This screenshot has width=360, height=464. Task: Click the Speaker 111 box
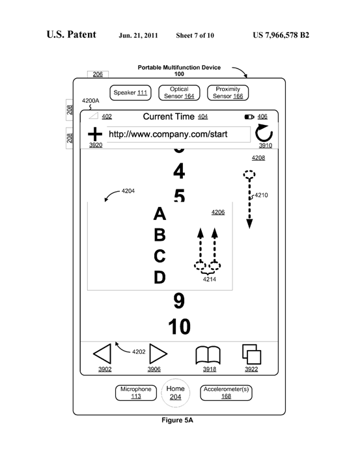pyautogui.click(x=130, y=92)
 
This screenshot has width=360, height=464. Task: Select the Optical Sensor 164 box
pyautogui.click(x=179, y=92)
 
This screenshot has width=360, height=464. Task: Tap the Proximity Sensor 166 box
pyautogui.click(x=228, y=92)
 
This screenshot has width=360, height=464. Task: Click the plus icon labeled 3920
pyautogui.click(x=95, y=134)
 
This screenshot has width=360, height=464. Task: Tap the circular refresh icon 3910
pyautogui.click(x=264, y=134)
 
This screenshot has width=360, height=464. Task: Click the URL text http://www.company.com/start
pyautogui.click(x=168, y=134)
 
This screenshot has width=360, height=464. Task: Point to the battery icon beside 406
pyautogui.click(x=249, y=117)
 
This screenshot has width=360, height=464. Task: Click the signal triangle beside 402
pyautogui.click(x=94, y=116)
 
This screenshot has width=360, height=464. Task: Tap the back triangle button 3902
pyautogui.click(x=102, y=353)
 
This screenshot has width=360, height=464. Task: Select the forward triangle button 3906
pyautogui.click(x=158, y=353)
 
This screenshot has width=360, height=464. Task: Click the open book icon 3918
pyautogui.click(x=208, y=355)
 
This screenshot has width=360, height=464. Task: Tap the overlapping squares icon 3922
pyautogui.click(x=252, y=354)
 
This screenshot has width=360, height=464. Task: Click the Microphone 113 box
pyautogui.click(x=136, y=392)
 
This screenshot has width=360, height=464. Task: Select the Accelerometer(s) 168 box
pyautogui.click(x=226, y=392)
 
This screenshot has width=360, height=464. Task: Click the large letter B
pyautogui.click(x=159, y=235)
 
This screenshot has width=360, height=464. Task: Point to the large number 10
pyautogui.click(x=180, y=327)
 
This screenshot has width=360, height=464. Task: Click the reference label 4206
pyautogui.click(x=218, y=212)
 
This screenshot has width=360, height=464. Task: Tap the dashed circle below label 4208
pyautogui.click(x=249, y=174)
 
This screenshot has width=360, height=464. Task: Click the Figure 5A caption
pyautogui.click(x=177, y=420)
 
